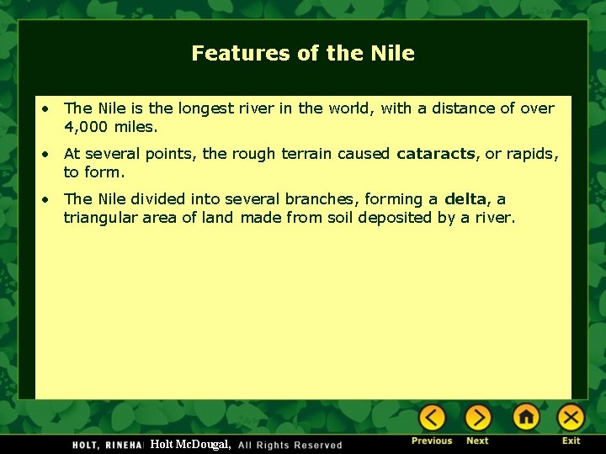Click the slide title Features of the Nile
tap(303, 53)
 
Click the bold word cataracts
tap(435, 154)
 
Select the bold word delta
tap(465, 199)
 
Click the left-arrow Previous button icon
tap(432, 417)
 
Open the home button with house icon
tap(526, 417)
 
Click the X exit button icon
tap(571, 417)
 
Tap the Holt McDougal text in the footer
tap(190, 444)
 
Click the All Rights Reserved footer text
tap(290, 445)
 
